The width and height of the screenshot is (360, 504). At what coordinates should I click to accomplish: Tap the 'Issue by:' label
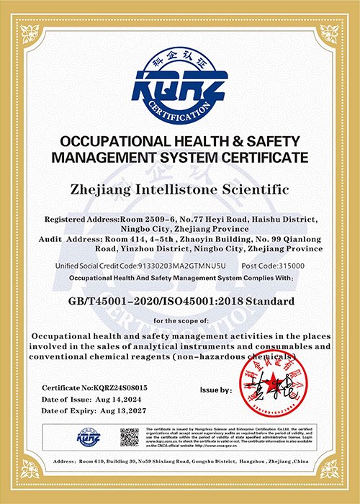215,390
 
